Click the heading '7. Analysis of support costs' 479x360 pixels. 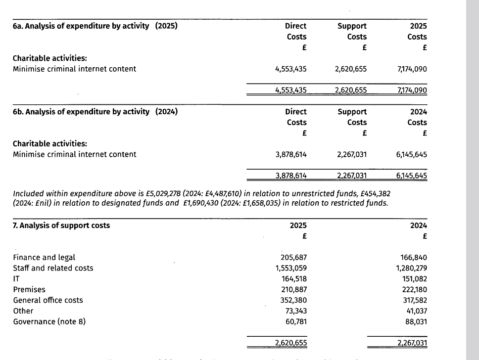[x=61, y=225]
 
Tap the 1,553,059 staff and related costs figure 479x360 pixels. [x=290, y=268]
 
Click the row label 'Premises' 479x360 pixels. [x=29, y=289]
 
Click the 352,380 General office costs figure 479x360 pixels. [x=292, y=300]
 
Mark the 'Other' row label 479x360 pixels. [x=23, y=311]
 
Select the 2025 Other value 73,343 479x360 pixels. [x=294, y=311]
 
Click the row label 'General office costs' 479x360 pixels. [x=48, y=300]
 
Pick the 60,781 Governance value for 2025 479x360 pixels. [x=294, y=321]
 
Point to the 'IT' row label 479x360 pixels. [x=16, y=279]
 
